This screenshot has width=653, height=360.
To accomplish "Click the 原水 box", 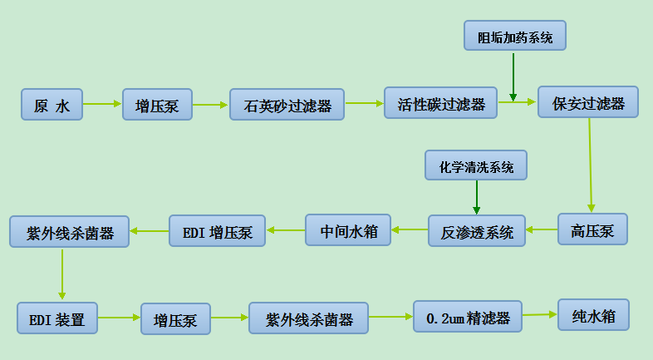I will (x=52, y=105).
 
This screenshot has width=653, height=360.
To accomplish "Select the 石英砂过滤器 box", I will (x=287, y=105).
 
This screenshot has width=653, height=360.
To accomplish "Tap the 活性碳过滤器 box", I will (x=440, y=103).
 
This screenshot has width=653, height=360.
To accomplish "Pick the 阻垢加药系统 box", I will (x=514, y=37).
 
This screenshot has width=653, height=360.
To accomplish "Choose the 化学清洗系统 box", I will (x=476, y=166).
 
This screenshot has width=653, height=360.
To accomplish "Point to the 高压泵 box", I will (x=592, y=229).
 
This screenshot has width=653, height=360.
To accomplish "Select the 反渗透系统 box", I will (x=477, y=230).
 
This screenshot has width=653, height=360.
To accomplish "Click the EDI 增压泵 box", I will (x=217, y=231).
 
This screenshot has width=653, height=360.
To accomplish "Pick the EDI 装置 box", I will (x=57, y=318).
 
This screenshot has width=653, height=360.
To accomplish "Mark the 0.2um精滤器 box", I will (x=468, y=317).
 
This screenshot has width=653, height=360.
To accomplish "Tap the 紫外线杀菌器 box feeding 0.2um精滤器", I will (x=309, y=318).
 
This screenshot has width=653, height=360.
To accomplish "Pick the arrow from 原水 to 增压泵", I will (x=102, y=104).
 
